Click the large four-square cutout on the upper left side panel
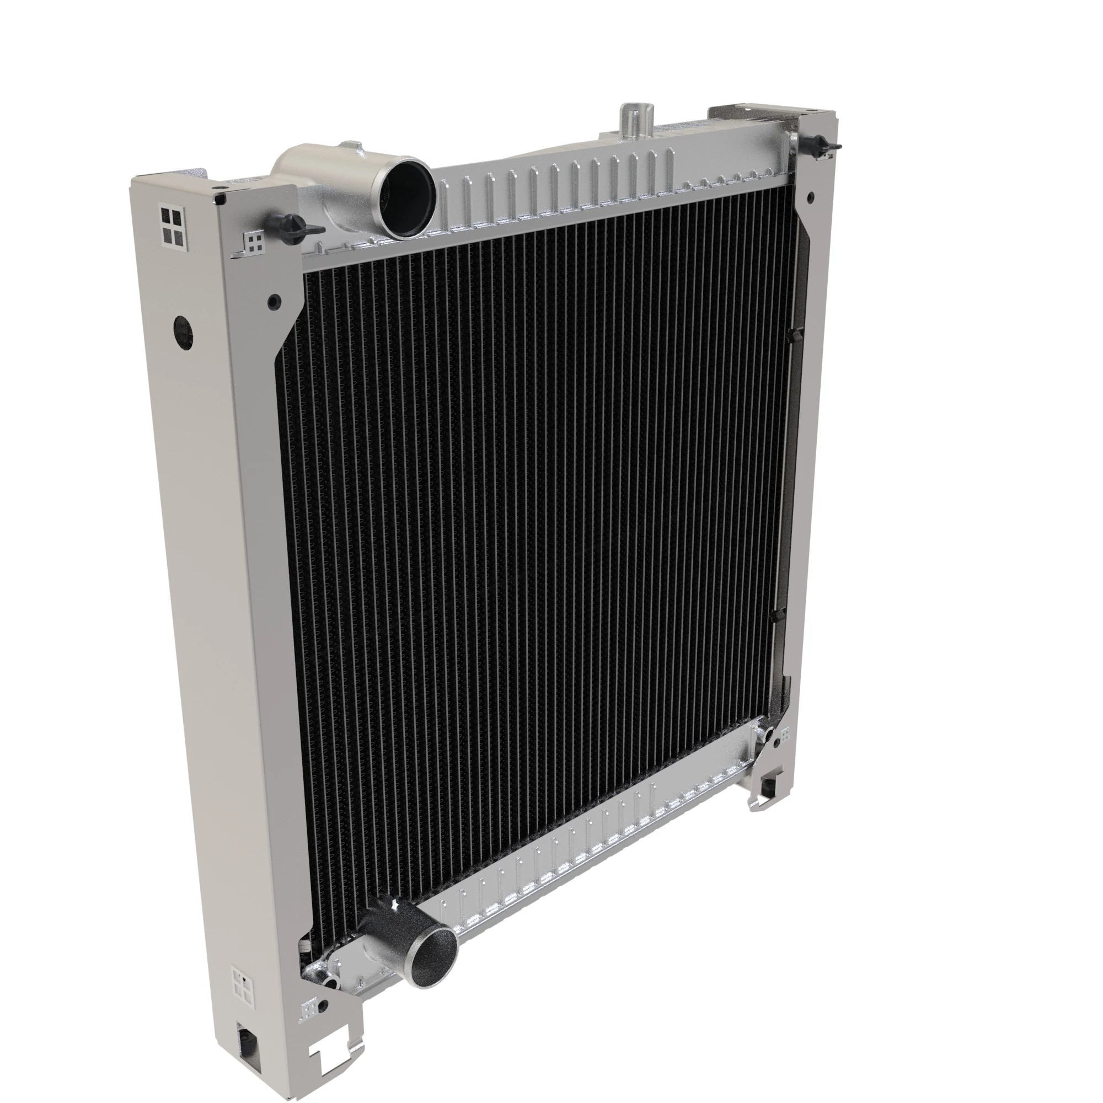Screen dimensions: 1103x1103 click(172, 227)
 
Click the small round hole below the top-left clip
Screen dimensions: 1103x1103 click(274, 301)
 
